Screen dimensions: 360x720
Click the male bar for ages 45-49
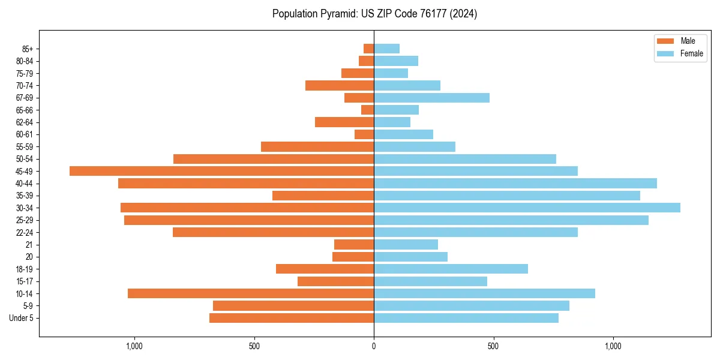222,171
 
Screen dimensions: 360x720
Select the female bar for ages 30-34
527,208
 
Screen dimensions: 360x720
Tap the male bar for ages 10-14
251,293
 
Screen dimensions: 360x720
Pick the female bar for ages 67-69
431,98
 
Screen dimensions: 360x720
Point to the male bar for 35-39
323,196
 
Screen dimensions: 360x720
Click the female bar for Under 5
466,318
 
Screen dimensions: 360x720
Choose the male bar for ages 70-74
340,85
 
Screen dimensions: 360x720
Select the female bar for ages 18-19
451,269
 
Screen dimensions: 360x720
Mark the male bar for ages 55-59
317,146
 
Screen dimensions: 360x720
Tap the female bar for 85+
386,49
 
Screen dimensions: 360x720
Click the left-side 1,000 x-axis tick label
134,347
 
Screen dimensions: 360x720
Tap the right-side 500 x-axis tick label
493,347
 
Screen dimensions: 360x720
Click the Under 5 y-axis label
21,318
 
